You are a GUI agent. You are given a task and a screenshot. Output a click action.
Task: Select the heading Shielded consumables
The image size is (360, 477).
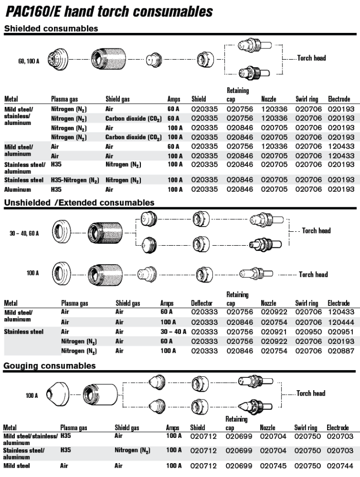click(51, 29)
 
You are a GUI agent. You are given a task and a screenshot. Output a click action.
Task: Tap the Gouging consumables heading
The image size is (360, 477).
click(50, 366)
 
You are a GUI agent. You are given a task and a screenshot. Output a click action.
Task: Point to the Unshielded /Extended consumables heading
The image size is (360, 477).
click(79, 203)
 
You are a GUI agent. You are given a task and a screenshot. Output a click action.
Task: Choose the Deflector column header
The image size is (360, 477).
click(202, 303)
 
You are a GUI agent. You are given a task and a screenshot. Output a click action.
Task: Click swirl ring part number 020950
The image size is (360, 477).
click(308, 332)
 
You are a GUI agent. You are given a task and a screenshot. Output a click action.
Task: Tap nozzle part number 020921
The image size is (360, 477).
click(274, 332)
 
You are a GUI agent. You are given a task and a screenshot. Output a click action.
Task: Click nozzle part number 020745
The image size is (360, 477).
click(273, 466)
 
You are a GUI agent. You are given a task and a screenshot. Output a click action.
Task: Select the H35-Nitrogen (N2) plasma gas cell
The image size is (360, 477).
click(76, 180)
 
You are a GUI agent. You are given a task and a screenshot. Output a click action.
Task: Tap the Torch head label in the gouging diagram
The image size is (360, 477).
click(311, 393)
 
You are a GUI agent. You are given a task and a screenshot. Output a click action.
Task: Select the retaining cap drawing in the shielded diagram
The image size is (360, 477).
click(110, 60)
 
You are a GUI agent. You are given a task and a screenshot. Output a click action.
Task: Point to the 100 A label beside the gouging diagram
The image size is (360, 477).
click(32, 396)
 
